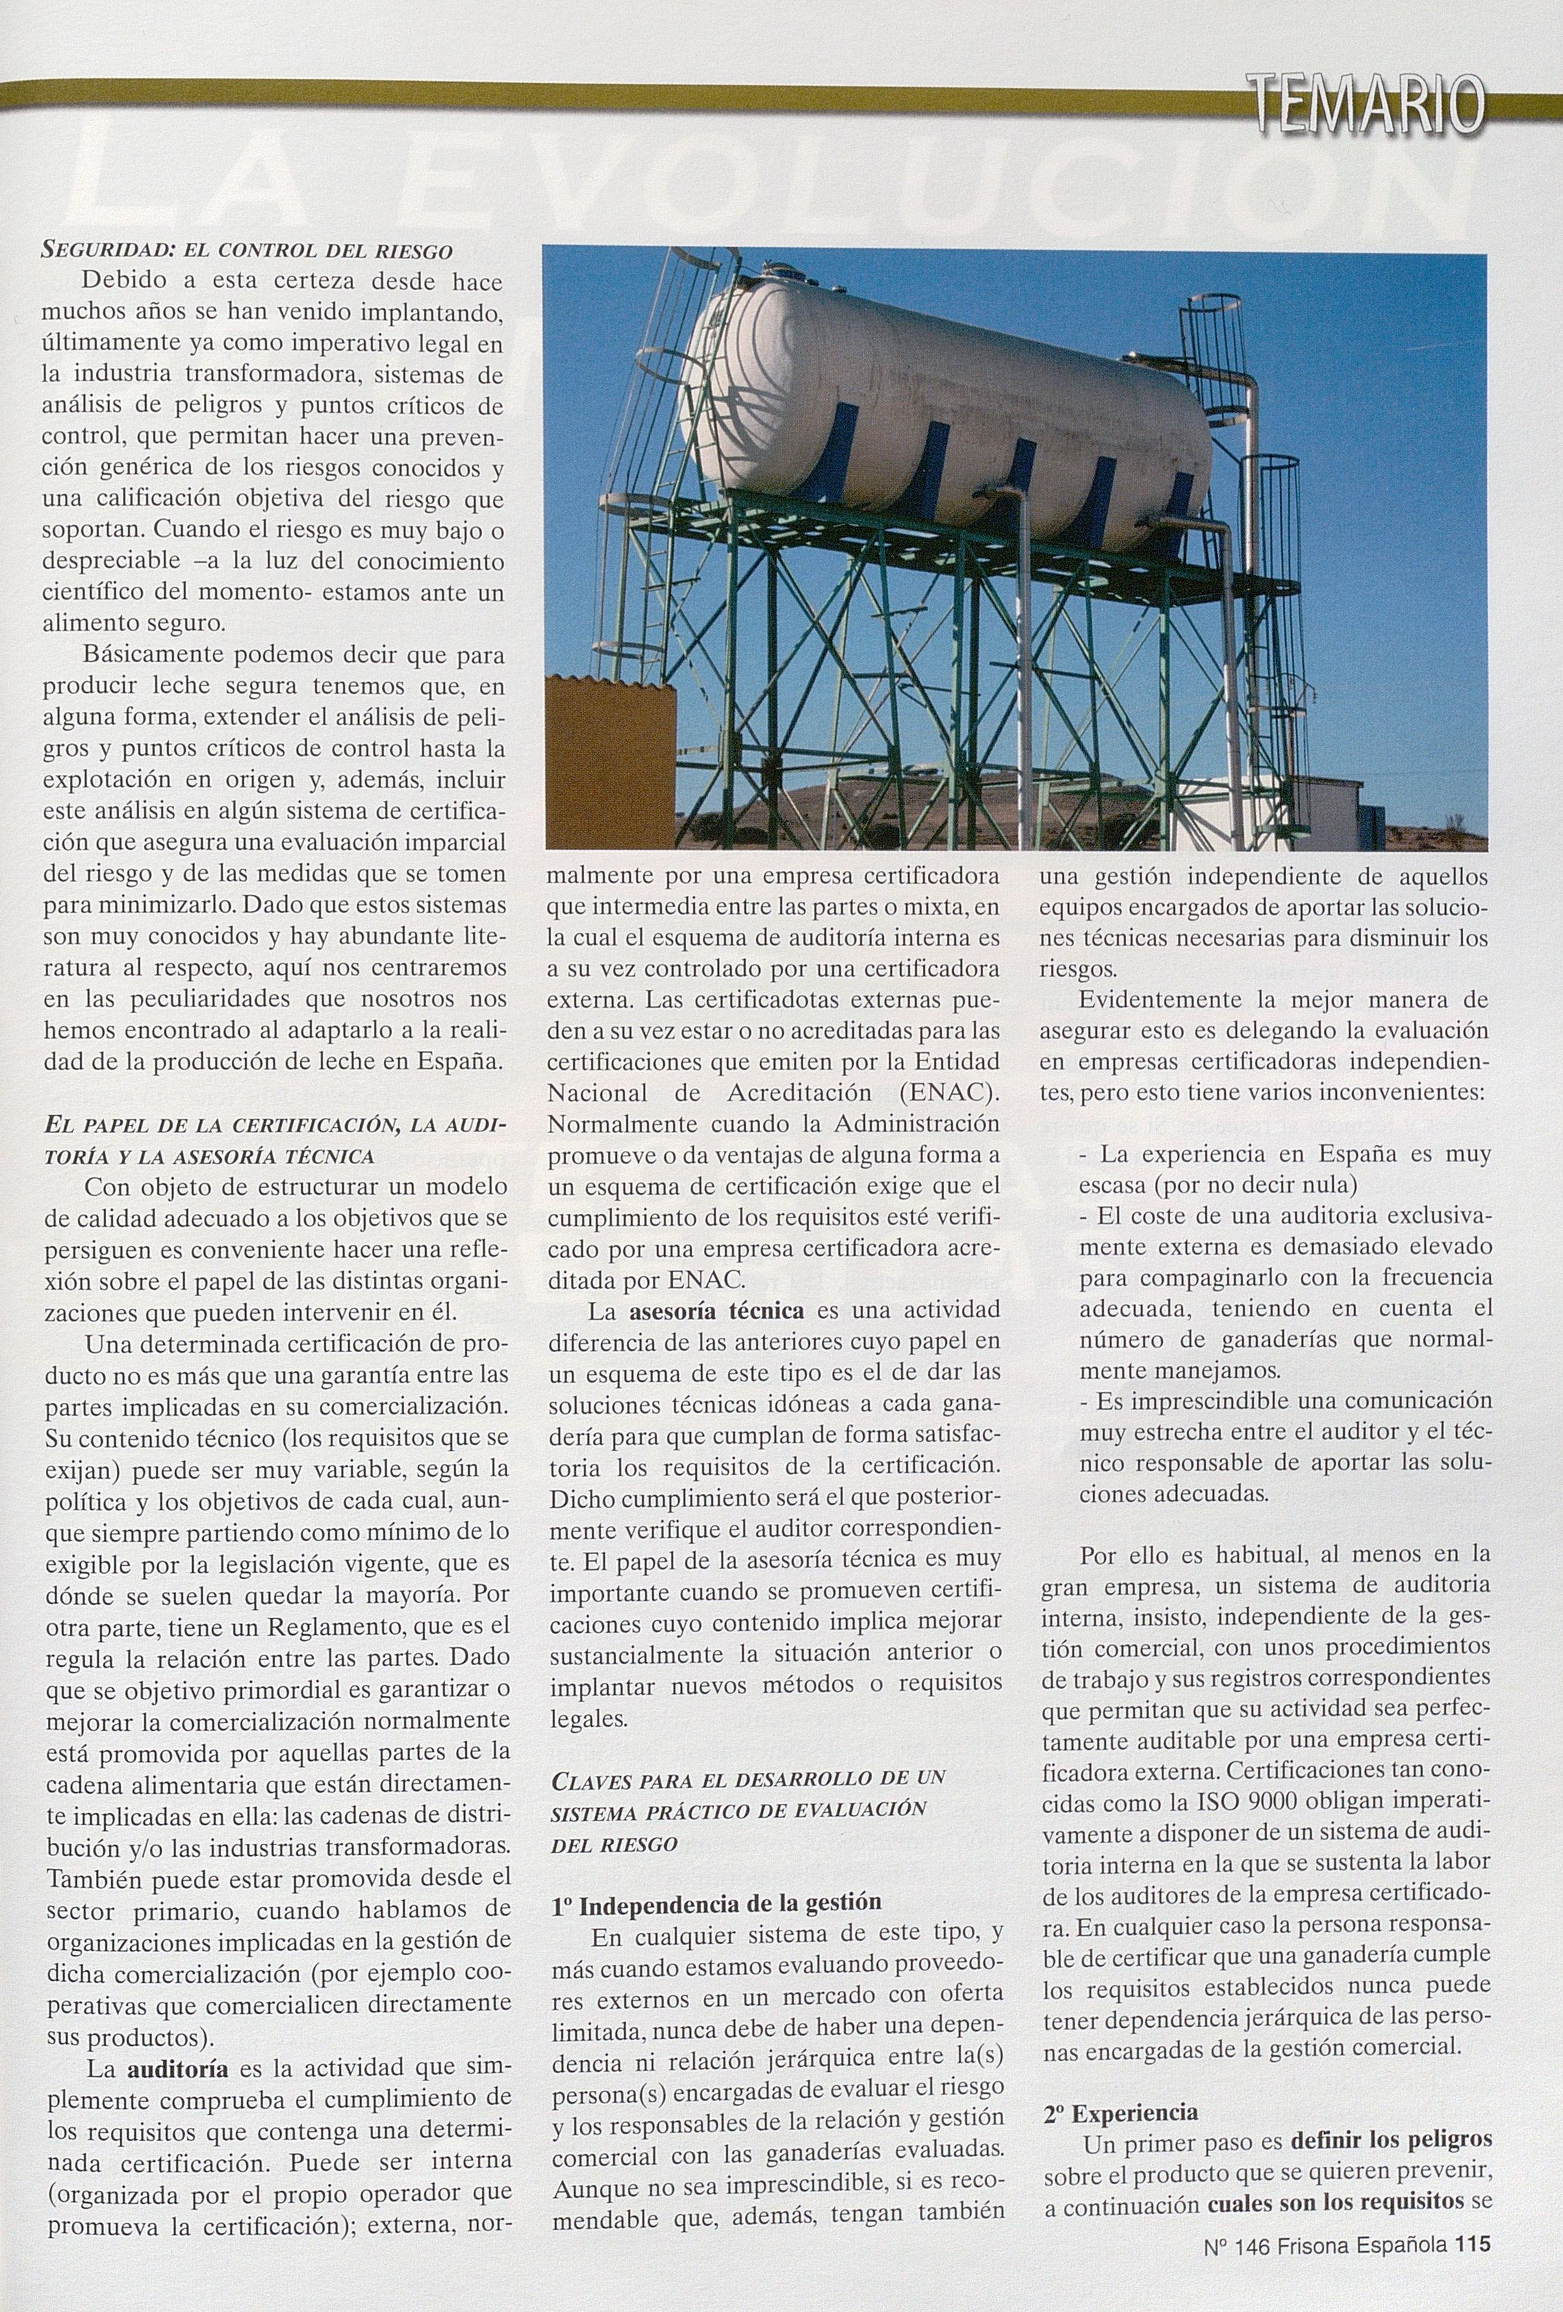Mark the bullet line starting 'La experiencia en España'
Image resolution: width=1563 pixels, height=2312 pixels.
click(1284, 1155)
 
